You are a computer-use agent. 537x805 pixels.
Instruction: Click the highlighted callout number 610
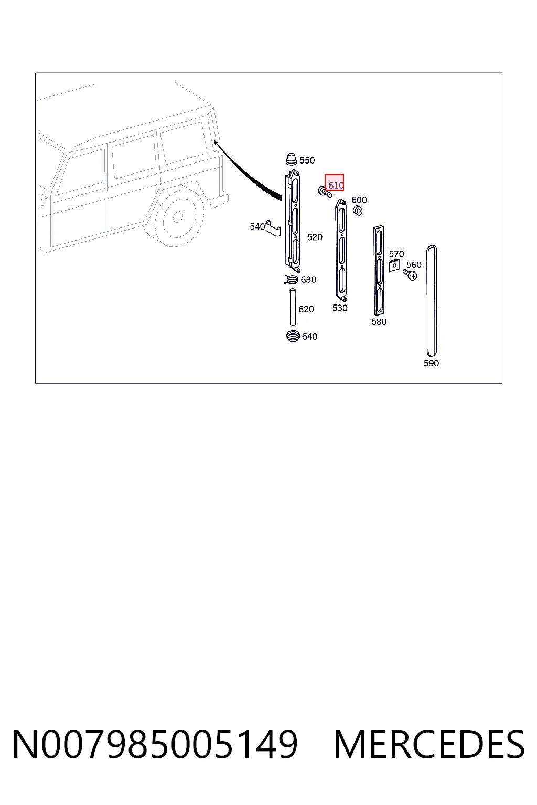coord(336,185)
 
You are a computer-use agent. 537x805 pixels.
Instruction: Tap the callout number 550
coord(307,160)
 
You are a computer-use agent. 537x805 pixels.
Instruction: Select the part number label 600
coord(359,200)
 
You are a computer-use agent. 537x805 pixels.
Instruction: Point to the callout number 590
coord(431,363)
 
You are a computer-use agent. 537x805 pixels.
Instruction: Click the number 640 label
coord(309,336)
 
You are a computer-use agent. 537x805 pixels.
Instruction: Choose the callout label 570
coord(396,254)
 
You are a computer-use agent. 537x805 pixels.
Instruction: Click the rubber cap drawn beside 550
coord(292,159)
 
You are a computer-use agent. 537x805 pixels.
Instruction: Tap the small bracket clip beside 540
coord(273,228)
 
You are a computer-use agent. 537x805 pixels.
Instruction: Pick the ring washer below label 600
coord(358,211)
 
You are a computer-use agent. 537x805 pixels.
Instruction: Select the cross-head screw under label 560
coord(410,275)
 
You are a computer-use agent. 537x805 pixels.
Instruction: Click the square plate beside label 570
coord(394,266)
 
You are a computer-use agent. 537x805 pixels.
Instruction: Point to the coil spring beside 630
coord(292,279)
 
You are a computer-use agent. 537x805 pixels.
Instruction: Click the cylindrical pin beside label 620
coord(293,307)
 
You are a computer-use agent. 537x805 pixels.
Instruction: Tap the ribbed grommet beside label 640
coord(293,335)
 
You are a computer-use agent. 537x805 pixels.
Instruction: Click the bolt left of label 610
coord(325,191)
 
